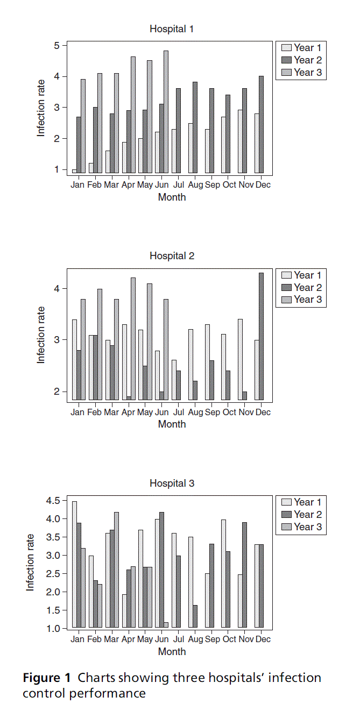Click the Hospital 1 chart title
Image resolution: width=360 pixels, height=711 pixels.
tap(172, 29)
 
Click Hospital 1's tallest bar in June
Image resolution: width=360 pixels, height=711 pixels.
tap(166, 112)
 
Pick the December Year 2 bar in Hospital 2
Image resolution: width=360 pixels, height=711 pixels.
tap(261, 337)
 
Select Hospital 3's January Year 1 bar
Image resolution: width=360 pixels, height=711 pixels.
tap(74, 564)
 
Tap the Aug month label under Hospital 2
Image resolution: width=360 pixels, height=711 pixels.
tap(196, 413)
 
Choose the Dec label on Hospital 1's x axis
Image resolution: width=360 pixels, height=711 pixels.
tap(263, 185)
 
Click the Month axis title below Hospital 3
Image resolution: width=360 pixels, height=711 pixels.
tap(172, 651)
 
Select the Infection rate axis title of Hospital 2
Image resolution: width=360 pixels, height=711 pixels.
tap(41, 335)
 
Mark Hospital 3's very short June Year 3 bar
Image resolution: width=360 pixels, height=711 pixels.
tap(166, 625)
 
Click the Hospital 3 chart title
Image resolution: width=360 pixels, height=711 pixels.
tap(172, 483)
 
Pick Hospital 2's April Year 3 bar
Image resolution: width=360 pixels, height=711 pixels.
tap(133, 339)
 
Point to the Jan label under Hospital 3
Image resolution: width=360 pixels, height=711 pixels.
tap(77, 639)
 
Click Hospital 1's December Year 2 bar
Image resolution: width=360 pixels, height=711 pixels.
tap(261, 124)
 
